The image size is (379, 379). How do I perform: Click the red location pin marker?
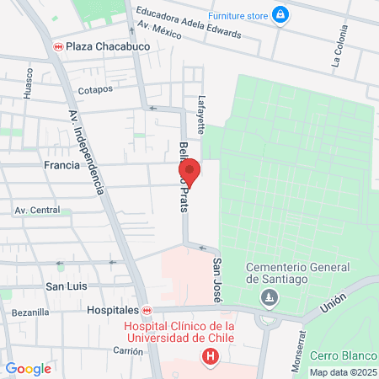pos(191,173)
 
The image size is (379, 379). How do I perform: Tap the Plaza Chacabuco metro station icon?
pos(58,46)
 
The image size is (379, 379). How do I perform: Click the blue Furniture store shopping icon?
pos(280,14)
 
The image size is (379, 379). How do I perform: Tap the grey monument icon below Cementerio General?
pos(269,296)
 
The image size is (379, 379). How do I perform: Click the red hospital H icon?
pos(210,357)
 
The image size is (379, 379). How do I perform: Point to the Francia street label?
pos(61,165)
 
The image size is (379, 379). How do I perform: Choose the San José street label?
pos(216,280)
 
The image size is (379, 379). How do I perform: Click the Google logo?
pos(28,368)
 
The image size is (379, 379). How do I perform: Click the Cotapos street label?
pos(94,89)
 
